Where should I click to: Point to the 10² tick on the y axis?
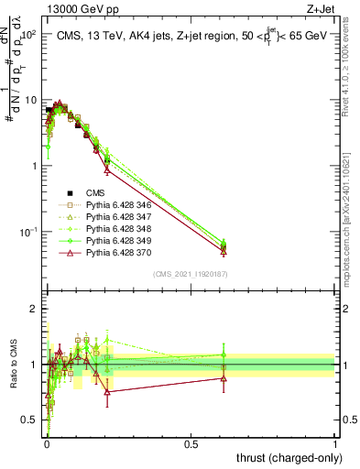(x=30, y=34)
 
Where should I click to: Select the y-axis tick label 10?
(x=30, y=100)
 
